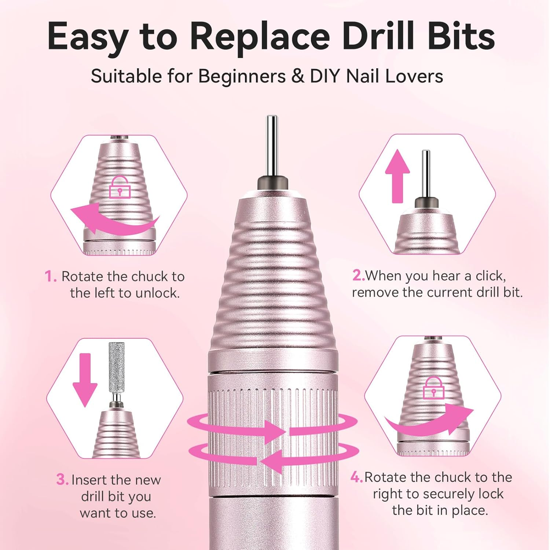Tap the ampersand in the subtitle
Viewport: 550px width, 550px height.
click(298, 77)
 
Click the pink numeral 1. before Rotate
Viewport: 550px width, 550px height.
click(51, 276)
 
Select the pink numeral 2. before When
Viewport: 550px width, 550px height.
click(358, 275)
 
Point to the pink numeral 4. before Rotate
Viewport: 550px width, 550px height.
click(356, 477)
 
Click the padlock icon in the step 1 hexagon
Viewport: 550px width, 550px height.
click(120, 187)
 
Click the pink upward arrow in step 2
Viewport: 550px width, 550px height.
click(397, 176)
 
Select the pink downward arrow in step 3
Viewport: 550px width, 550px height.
click(85, 379)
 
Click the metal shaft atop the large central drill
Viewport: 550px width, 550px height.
click(272, 147)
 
